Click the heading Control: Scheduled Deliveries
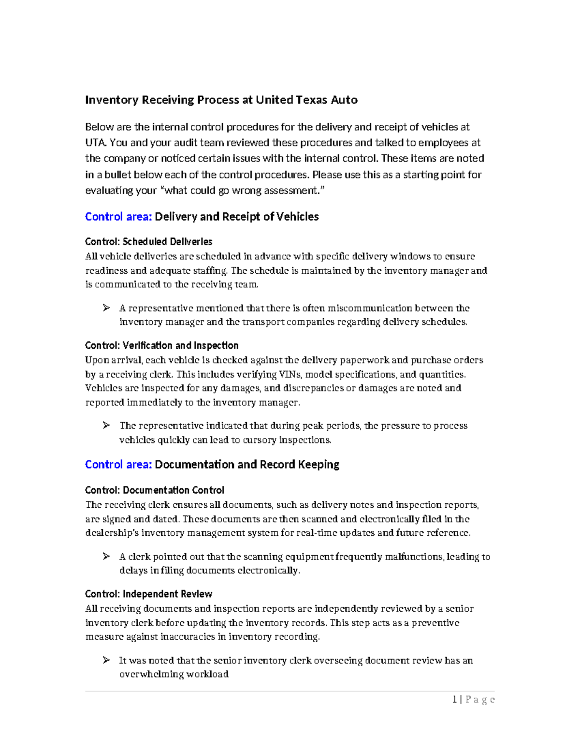(x=148, y=241)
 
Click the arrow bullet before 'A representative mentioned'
(x=106, y=308)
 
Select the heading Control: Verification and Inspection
(x=161, y=345)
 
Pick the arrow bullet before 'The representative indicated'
(x=106, y=426)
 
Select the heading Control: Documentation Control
(x=154, y=490)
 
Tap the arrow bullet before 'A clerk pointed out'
(x=106, y=557)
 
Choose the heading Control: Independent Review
(x=148, y=594)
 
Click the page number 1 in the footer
(x=455, y=699)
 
